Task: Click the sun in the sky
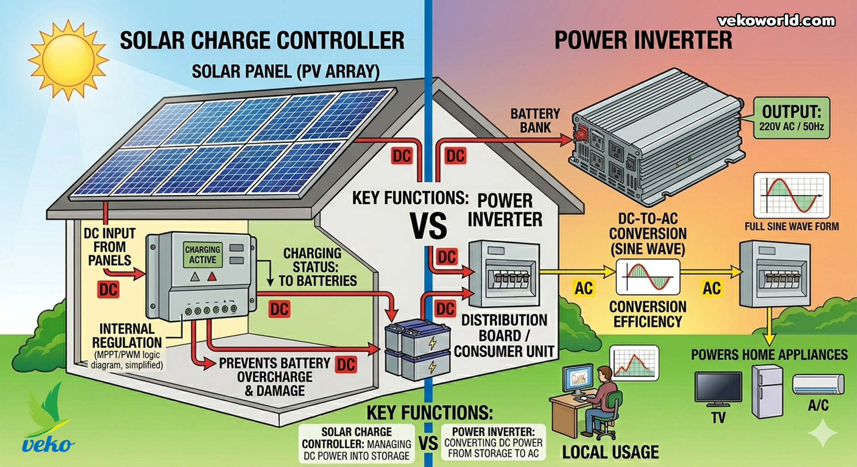click(68, 59)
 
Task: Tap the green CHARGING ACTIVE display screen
click(203, 255)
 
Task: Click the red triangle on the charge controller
click(212, 277)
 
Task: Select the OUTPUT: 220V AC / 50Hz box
click(791, 118)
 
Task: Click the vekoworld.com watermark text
click(776, 21)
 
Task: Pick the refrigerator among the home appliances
click(767, 391)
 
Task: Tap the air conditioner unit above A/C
click(818, 384)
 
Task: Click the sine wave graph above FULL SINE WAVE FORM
click(791, 195)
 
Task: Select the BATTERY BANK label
click(535, 120)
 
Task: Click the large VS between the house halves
click(428, 226)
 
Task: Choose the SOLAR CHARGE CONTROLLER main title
click(262, 40)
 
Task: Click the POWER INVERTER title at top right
click(643, 40)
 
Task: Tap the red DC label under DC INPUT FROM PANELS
click(108, 290)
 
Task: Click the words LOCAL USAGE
click(610, 452)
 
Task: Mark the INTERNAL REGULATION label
click(127, 336)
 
